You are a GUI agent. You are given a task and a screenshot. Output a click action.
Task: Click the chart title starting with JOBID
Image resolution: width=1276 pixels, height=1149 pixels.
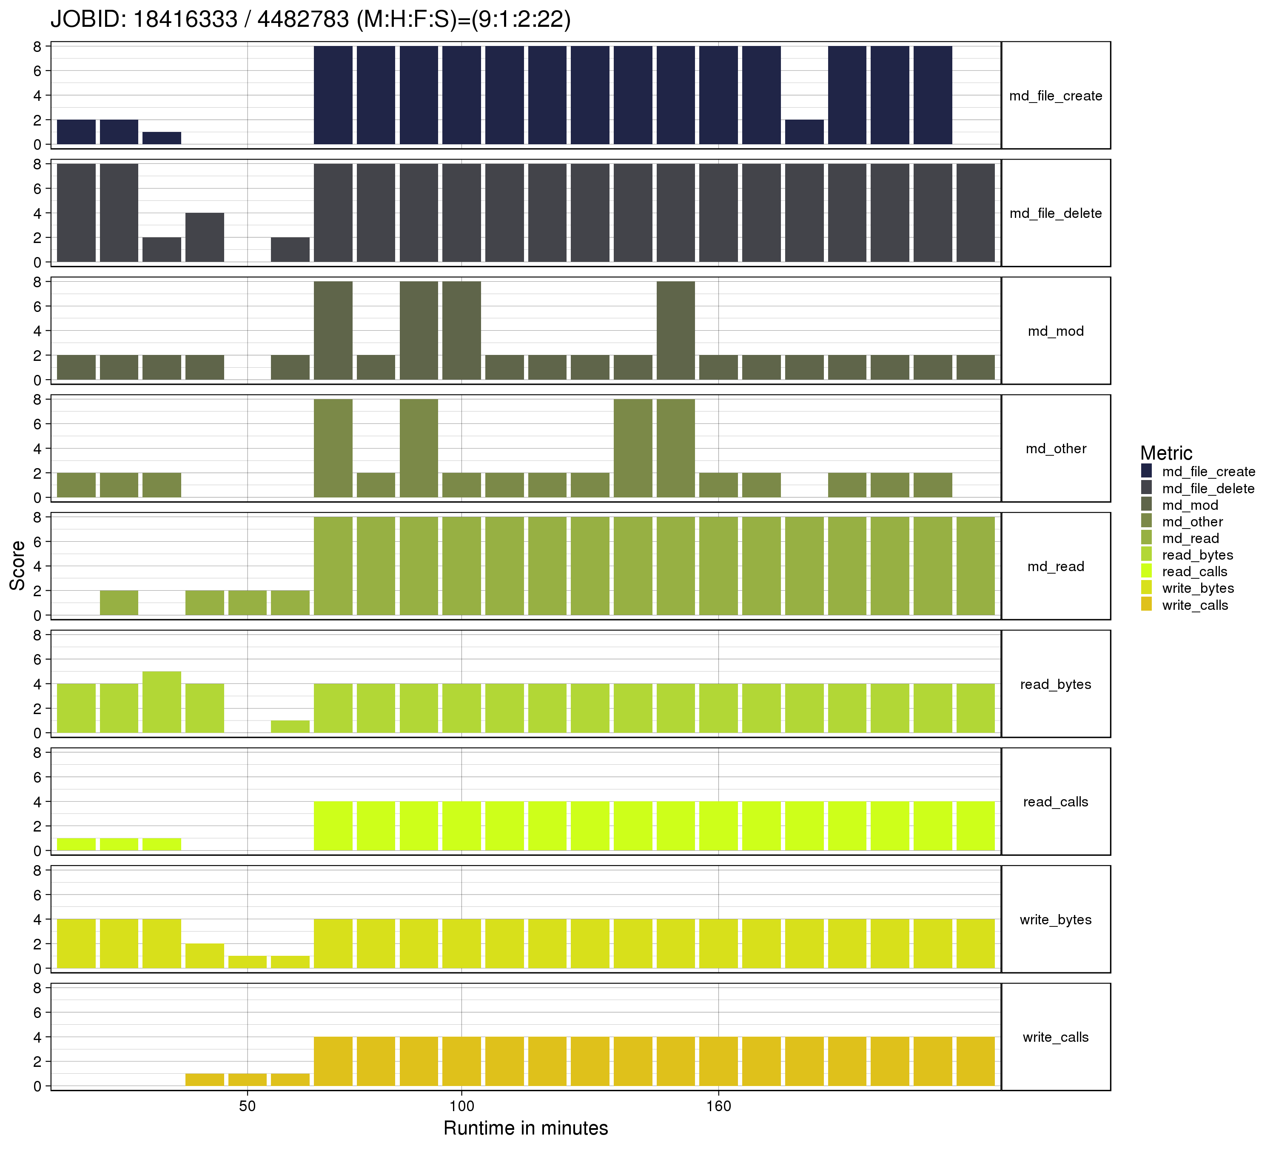coord(310,20)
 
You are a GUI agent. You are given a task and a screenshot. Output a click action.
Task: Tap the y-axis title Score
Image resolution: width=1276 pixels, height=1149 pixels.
coord(18,565)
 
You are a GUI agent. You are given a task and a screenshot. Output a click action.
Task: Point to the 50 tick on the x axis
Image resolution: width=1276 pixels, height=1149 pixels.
coord(248,1106)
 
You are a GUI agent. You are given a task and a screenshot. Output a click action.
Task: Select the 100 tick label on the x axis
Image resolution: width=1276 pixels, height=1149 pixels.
coord(461,1106)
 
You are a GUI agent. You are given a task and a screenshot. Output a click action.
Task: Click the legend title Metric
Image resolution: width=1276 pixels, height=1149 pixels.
coord(1165,453)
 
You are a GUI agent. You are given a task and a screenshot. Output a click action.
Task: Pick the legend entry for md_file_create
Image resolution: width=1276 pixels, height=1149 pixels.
coord(1208,472)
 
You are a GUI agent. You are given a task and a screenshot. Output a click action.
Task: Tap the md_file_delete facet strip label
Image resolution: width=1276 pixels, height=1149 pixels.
coord(1055,213)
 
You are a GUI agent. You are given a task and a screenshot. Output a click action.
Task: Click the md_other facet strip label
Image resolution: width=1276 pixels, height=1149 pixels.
coord(1055,449)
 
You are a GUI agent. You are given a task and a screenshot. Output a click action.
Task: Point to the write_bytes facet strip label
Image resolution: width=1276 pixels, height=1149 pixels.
coord(1055,919)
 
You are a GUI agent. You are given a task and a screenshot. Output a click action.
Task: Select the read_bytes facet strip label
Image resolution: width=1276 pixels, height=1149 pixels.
coord(1055,684)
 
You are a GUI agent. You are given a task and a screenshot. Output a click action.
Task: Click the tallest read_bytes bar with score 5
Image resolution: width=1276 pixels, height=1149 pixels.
coord(162,702)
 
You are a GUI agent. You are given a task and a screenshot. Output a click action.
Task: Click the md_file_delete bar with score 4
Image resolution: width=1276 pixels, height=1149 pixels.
coord(205,237)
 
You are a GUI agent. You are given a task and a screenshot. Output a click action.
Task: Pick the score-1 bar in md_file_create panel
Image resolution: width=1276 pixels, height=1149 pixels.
coord(162,138)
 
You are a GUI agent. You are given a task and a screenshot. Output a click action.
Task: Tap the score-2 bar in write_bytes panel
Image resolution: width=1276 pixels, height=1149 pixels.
coord(205,956)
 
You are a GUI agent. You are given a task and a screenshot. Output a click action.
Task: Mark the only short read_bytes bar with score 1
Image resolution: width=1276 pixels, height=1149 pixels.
coord(290,727)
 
